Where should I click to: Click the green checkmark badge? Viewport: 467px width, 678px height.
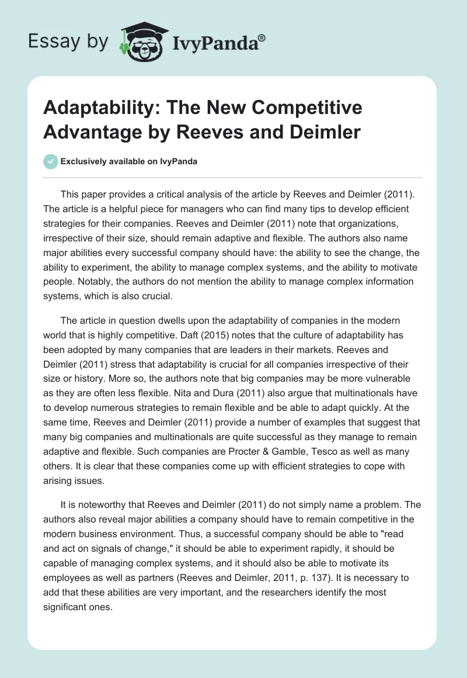click(x=51, y=161)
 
